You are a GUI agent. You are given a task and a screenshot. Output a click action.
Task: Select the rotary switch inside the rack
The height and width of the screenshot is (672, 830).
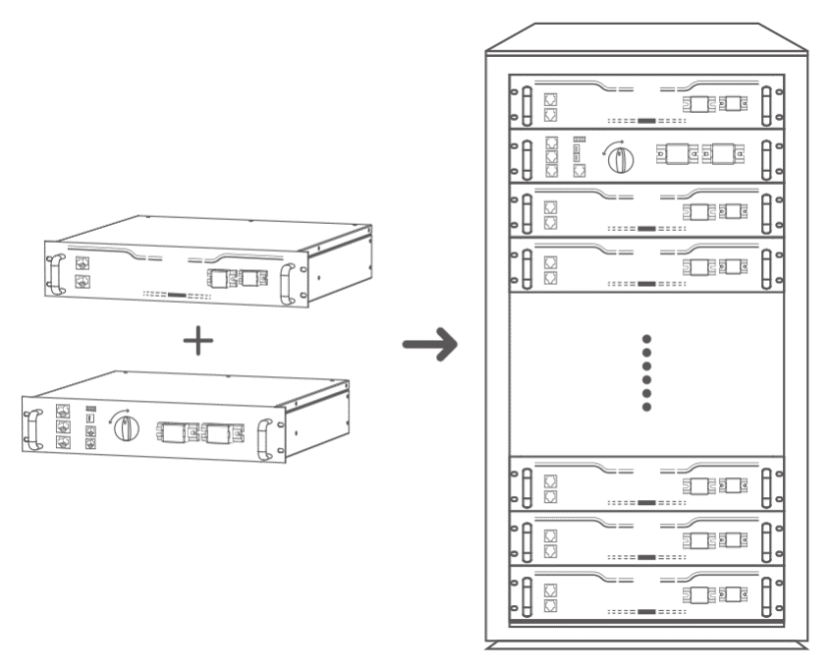618,157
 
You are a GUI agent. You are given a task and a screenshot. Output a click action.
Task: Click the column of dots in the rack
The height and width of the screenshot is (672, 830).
646,372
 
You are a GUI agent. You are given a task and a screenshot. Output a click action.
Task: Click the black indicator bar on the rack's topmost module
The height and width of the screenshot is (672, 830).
646,121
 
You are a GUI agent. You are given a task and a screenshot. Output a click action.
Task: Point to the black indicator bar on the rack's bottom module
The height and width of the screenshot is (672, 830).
646,612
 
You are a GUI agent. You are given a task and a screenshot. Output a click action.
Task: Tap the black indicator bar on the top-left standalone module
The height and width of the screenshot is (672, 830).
177,294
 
